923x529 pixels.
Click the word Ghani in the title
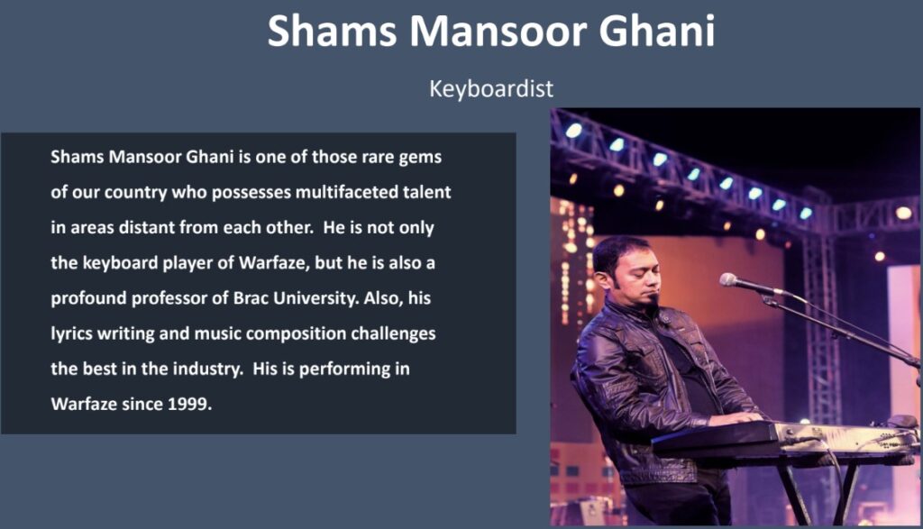pyautogui.click(x=656, y=31)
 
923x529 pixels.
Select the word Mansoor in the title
pyautogui.click(x=498, y=31)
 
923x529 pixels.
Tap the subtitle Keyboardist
pyautogui.click(x=491, y=89)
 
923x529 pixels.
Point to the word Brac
pyautogui.click(x=251, y=297)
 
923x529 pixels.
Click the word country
pyautogui.click(x=135, y=193)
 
